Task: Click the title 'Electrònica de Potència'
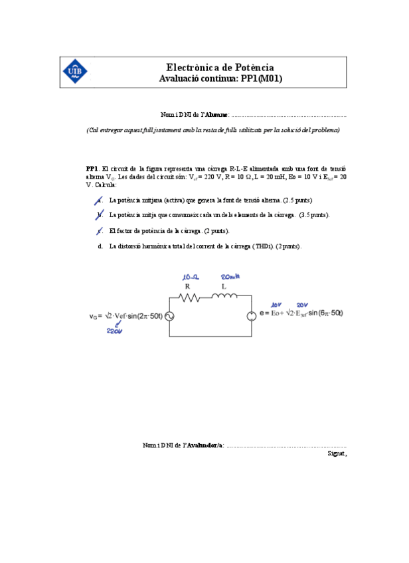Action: [x=220, y=68]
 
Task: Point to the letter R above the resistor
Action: [x=188, y=286]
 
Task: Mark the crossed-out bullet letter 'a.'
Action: [x=99, y=200]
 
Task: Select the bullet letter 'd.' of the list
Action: [x=100, y=246]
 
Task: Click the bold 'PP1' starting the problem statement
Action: [x=92, y=169]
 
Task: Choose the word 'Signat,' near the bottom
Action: [x=337, y=453]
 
